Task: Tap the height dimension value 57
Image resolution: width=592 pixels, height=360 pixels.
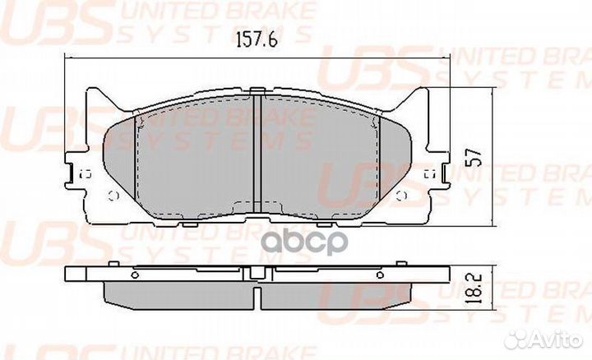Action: [471, 157]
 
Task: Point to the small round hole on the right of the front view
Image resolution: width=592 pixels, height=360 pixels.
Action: [400, 194]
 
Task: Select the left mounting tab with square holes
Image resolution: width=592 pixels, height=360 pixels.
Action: [81, 173]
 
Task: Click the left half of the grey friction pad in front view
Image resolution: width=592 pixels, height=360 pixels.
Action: [189, 156]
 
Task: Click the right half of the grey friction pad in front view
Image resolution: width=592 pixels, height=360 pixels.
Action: [329, 156]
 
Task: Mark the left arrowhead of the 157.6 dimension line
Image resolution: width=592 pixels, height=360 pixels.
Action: [69, 57]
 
